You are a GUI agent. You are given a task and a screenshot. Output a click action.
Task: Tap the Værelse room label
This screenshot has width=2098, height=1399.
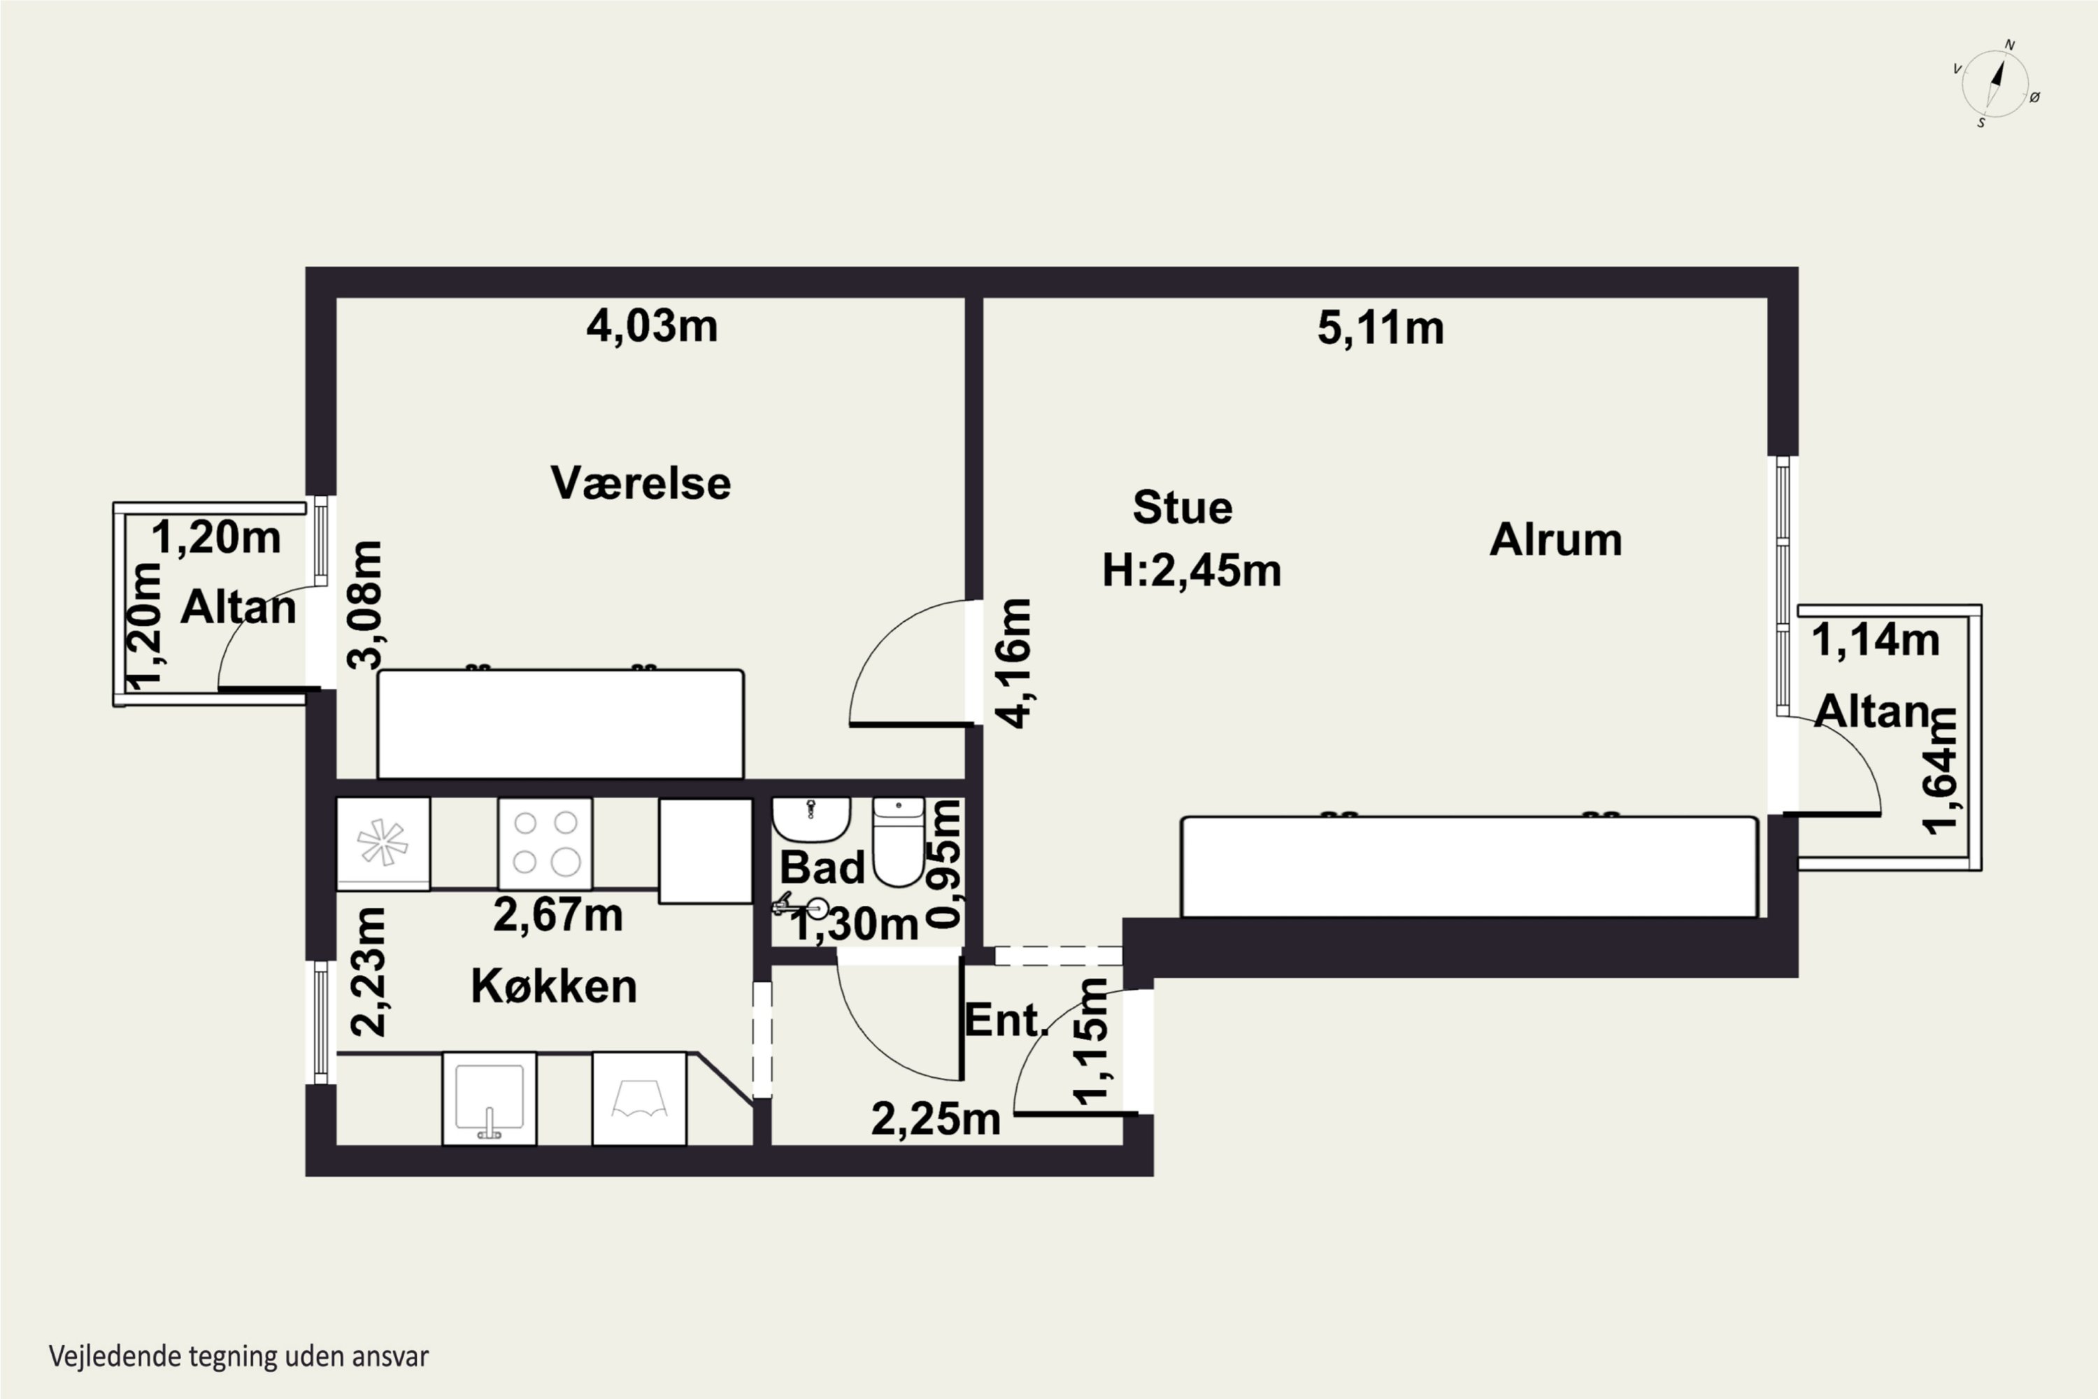pos(641,483)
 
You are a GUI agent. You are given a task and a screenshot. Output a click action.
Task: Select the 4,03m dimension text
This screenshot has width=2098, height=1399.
pos(651,326)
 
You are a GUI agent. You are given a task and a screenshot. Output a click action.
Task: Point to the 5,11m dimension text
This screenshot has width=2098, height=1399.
pos(1380,327)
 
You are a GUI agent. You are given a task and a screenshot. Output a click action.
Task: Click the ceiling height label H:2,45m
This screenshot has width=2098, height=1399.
pos(1192,570)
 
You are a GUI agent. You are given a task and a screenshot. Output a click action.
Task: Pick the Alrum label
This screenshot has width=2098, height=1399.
pos(1555,539)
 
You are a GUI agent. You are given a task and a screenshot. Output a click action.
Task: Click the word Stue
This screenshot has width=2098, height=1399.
pos(1183,508)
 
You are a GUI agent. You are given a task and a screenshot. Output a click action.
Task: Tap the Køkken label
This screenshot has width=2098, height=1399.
pos(554,986)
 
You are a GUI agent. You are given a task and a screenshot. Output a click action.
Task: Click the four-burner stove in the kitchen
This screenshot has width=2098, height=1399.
pos(545,843)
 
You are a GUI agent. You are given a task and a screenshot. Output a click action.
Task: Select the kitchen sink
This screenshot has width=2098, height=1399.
pos(490,1098)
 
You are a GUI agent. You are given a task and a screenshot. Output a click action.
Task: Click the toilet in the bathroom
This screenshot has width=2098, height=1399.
pos(898,841)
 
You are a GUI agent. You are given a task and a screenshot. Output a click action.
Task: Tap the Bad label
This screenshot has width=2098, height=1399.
pos(822,867)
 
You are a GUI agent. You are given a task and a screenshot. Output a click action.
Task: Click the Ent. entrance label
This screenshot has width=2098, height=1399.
pos(1006,1020)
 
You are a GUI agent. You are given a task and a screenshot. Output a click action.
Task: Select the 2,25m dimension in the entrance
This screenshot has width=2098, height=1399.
pos(936,1119)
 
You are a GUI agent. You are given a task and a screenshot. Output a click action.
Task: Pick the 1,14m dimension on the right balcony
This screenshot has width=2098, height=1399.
pos(1876,640)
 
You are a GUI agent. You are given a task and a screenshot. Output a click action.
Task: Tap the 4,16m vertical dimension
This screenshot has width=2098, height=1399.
pos(1014,663)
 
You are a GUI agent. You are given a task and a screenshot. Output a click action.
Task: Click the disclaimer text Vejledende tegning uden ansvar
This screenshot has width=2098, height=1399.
pos(238,1356)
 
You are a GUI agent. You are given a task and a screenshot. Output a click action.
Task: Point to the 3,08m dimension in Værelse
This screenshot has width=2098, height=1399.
pos(366,604)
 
